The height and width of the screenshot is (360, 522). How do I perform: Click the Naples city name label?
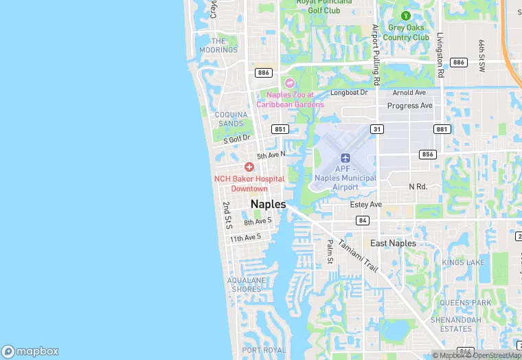point(268,204)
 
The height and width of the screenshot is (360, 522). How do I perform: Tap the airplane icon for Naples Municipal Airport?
point(345,159)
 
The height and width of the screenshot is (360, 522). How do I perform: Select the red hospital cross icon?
point(249,168)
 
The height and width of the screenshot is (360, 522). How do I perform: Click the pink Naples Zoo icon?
point(289,82)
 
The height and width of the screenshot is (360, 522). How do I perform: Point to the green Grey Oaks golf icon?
point(405,15)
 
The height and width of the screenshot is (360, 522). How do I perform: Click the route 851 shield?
point(280,129)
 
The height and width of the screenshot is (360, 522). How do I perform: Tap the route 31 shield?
point(377,129)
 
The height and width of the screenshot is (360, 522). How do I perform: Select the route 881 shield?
point(442,129)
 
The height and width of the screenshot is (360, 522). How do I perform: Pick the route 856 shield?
point(428,155)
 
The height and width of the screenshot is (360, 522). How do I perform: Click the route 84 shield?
point(362,220)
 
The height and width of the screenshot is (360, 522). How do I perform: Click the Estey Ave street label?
point(365,205)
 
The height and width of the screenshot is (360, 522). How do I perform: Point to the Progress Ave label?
point(410,106)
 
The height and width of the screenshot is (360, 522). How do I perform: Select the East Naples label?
point(393,243)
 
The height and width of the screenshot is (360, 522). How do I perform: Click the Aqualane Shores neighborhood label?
point(245,285)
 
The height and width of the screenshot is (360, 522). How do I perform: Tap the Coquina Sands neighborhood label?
point(230,119)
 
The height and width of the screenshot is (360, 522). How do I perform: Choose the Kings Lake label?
point(464,262)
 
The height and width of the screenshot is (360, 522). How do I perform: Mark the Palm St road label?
point(330,251)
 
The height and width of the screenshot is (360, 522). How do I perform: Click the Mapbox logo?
point(30,351)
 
